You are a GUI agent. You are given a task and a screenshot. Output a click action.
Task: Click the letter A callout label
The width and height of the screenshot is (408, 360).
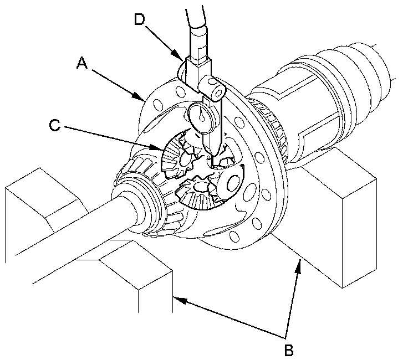(82, 63)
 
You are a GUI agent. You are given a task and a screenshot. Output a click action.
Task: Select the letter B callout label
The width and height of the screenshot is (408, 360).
(289, 350)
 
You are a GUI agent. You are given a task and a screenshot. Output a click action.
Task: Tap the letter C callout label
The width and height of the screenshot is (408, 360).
(55, 125)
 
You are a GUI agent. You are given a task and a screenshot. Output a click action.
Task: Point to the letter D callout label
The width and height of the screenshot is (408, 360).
(140, 19)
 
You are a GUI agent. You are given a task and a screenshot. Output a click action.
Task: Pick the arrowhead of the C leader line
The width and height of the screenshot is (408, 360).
(157, 148)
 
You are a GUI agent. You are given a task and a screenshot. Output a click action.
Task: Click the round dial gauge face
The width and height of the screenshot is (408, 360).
(200, 117)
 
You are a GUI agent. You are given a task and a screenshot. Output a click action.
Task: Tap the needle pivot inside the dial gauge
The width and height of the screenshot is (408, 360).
(201, 119)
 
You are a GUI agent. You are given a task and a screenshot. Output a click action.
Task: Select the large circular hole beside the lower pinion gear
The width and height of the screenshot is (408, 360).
(233, 184)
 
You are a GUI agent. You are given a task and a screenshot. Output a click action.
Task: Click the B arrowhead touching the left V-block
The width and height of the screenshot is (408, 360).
(180, 301)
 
